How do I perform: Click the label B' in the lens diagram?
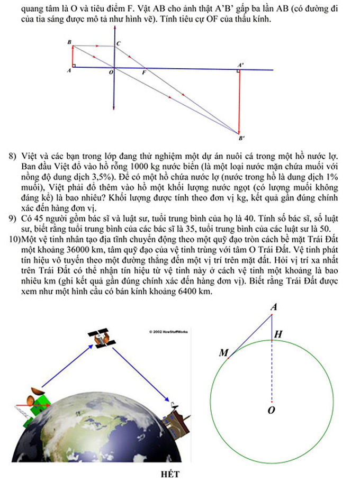(x=241, y=139)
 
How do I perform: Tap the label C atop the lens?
(x=118, y=43)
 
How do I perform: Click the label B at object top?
(x=69, y=41)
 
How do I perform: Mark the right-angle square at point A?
(x=74, y=66)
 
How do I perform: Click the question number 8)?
(x=12, y=156)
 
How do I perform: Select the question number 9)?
(x=12, y=217)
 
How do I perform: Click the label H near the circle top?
(x=278, y=334)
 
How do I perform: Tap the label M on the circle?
(x=223, y=353)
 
